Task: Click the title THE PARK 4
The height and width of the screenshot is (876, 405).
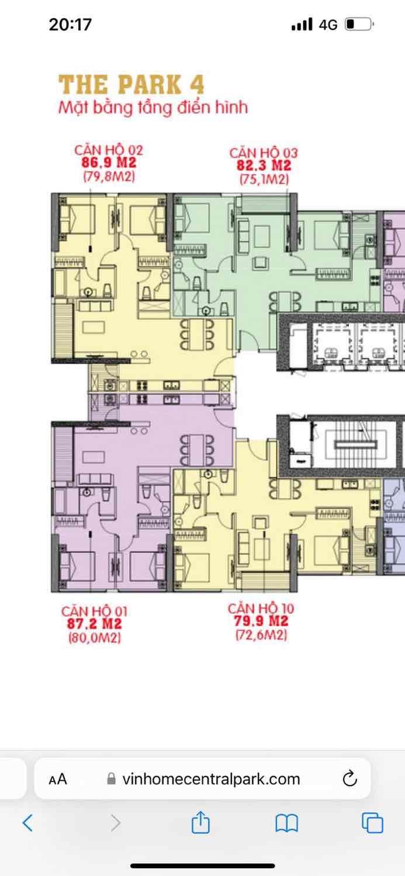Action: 131,85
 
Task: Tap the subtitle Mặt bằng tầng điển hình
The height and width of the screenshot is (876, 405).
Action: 153,107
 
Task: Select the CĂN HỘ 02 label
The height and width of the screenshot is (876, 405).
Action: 109,150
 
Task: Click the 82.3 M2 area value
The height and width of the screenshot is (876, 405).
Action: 264,165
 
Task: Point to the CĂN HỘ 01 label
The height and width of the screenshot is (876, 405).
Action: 94,611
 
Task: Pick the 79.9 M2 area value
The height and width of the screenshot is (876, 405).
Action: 261,621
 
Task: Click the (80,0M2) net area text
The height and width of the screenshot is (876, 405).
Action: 95,638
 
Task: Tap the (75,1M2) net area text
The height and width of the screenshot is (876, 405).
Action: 264,179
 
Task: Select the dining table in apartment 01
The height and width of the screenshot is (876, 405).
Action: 197,450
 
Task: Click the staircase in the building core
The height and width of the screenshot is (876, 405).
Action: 355,444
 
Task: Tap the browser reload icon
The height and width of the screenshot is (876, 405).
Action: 349,778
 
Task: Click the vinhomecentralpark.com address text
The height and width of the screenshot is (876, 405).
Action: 211,779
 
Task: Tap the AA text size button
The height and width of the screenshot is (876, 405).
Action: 58,779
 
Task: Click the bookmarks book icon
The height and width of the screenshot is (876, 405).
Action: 287,822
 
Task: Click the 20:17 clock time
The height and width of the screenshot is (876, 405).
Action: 71,25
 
